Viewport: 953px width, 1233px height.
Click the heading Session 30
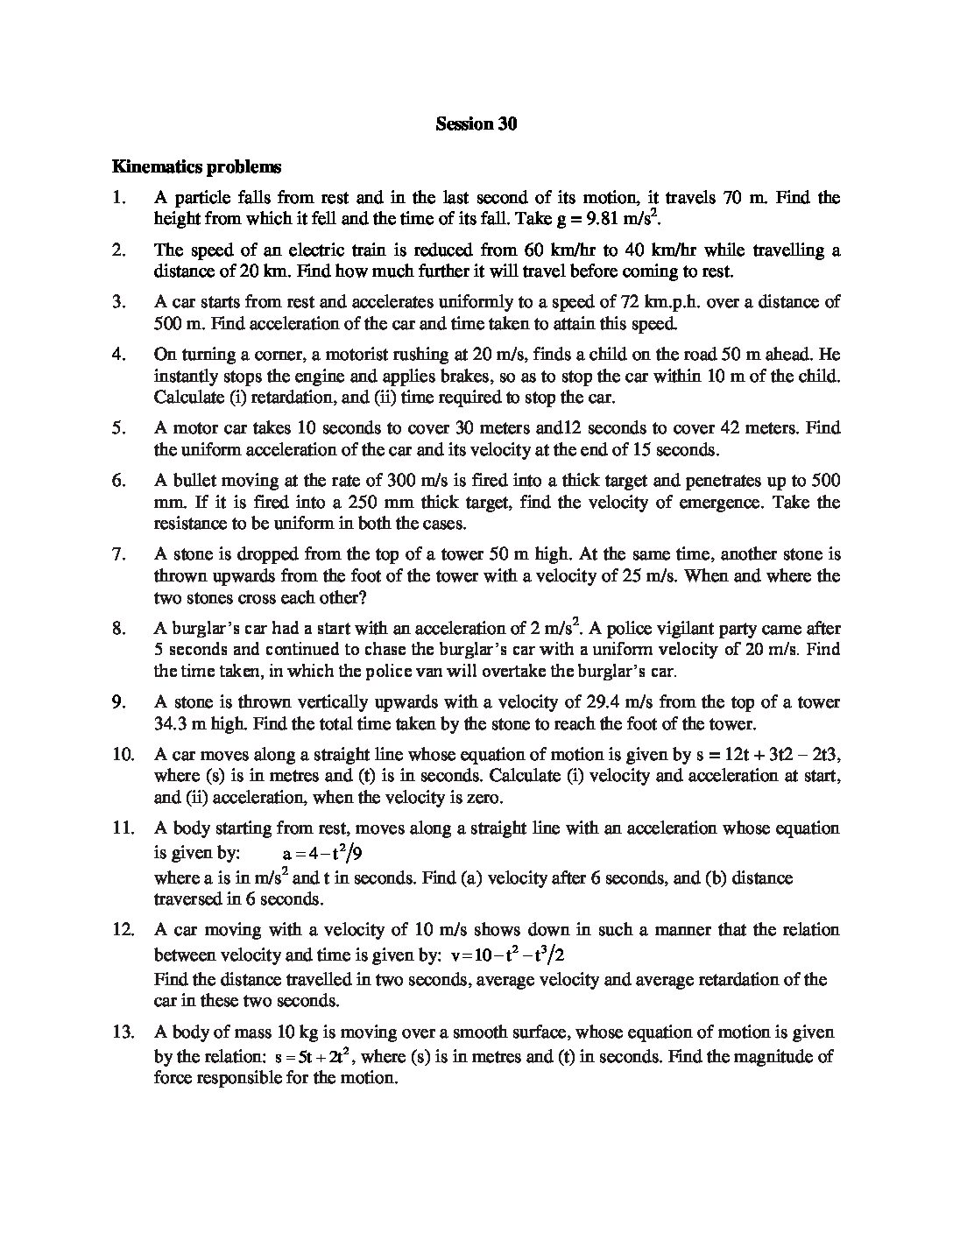[x=476, y=123]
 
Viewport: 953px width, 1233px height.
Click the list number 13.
[x=122, y=1033]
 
